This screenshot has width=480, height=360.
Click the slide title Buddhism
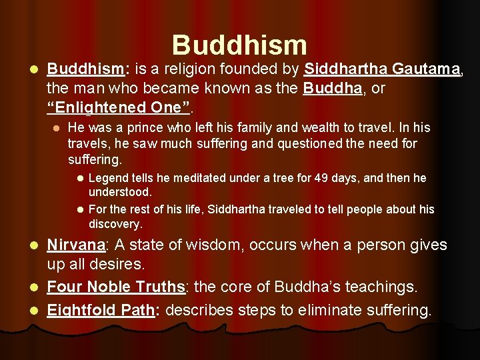[239, 45]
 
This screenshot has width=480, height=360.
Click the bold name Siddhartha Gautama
[383, 69]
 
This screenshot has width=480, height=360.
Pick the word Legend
[107, 178]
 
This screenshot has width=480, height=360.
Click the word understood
[120, 192]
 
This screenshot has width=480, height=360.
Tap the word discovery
[115, 224]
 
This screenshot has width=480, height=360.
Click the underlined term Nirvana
[75, 245]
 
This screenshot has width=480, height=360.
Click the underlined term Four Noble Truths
[115, 287]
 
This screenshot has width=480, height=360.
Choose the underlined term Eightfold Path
[101, 310]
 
